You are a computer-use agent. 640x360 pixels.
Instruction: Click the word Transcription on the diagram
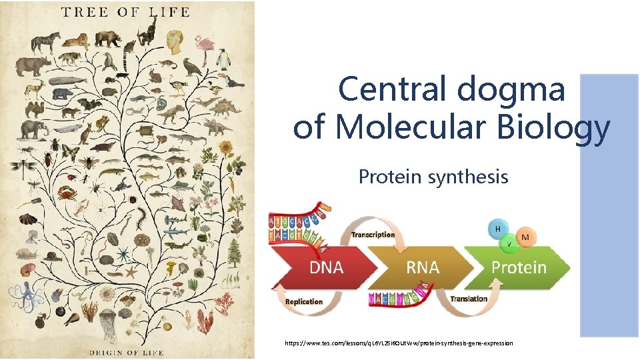coord(373,234)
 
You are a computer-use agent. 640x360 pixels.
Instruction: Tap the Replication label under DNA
coord(304,301)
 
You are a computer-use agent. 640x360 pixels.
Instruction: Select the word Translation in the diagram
coord(469,299)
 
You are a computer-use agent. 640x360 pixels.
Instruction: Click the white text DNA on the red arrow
coord(326,268)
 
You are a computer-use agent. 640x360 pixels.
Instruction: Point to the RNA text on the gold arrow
coord(423,268)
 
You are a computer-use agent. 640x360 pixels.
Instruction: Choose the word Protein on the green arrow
coord(519,268)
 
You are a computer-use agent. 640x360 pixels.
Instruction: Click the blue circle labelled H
coord(497,229)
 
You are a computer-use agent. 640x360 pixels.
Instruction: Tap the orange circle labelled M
coord(525,237)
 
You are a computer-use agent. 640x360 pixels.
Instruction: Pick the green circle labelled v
coord(509,243)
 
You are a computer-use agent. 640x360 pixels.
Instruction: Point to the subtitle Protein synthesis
coord(433,177)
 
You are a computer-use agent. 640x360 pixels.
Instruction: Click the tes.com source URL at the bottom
coord(399,343)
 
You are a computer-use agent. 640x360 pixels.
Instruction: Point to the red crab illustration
coord(67,193)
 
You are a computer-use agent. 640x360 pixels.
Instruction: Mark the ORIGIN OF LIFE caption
coord(127,351)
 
